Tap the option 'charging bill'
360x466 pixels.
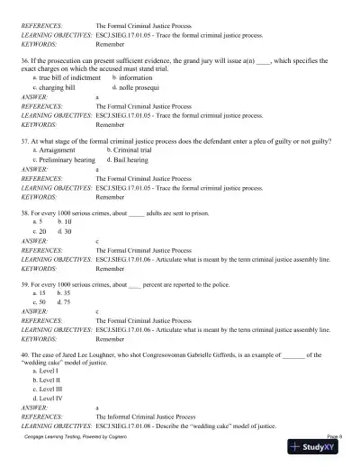click(63, 88)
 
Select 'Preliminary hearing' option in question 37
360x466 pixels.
click(67, 160)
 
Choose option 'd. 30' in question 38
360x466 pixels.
click(66, 231)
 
